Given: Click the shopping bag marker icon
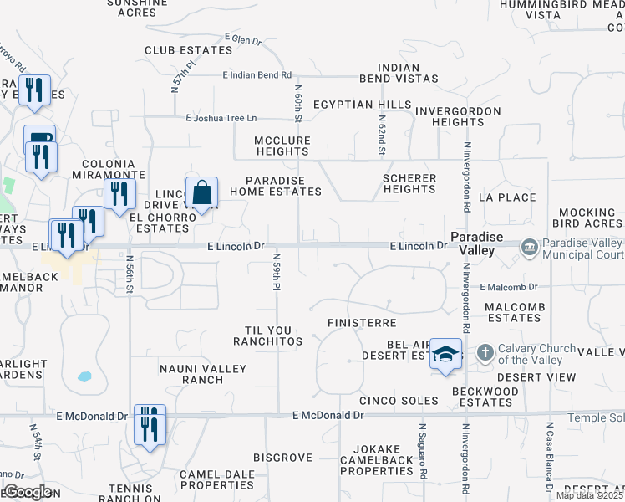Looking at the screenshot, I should click(201, 193).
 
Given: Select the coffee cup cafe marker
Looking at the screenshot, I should click(39, 140).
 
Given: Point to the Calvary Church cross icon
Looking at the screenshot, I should click(484, 353).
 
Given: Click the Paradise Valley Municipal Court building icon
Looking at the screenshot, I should click(529, 247).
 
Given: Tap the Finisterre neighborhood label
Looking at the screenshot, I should click(360, 322).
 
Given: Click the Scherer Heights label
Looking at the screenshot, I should click(409, 183).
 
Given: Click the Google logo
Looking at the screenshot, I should click(27, 492).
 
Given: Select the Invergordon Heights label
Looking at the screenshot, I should click(459, 116).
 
